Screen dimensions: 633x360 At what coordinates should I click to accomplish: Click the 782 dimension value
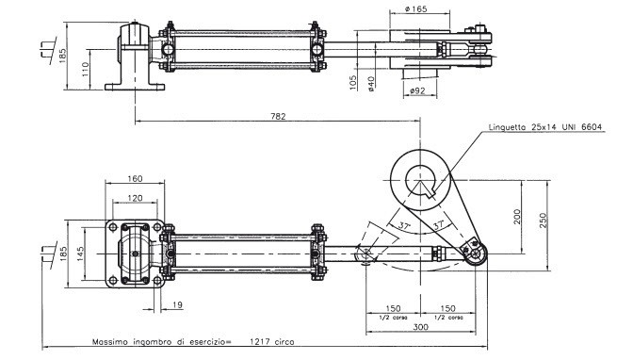click(x=278, y=116)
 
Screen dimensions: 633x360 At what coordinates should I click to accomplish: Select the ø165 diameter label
click(x=415, y=8)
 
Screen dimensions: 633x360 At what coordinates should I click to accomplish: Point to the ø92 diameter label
click(x=417, y=90)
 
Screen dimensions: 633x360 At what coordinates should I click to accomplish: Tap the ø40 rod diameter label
click(x=371, y=84)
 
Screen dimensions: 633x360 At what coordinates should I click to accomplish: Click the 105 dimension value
click(x=353, y=82)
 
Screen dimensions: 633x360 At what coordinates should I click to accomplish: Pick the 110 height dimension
click(x=85, y=70)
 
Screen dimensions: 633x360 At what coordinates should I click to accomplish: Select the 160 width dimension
click(x=135, y=178)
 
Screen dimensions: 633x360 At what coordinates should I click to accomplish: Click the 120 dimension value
click(x=135, y=198)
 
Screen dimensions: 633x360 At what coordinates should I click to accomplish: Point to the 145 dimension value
click(x=80, y=254)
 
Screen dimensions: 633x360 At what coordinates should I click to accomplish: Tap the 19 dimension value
click(x=177, y=304)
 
